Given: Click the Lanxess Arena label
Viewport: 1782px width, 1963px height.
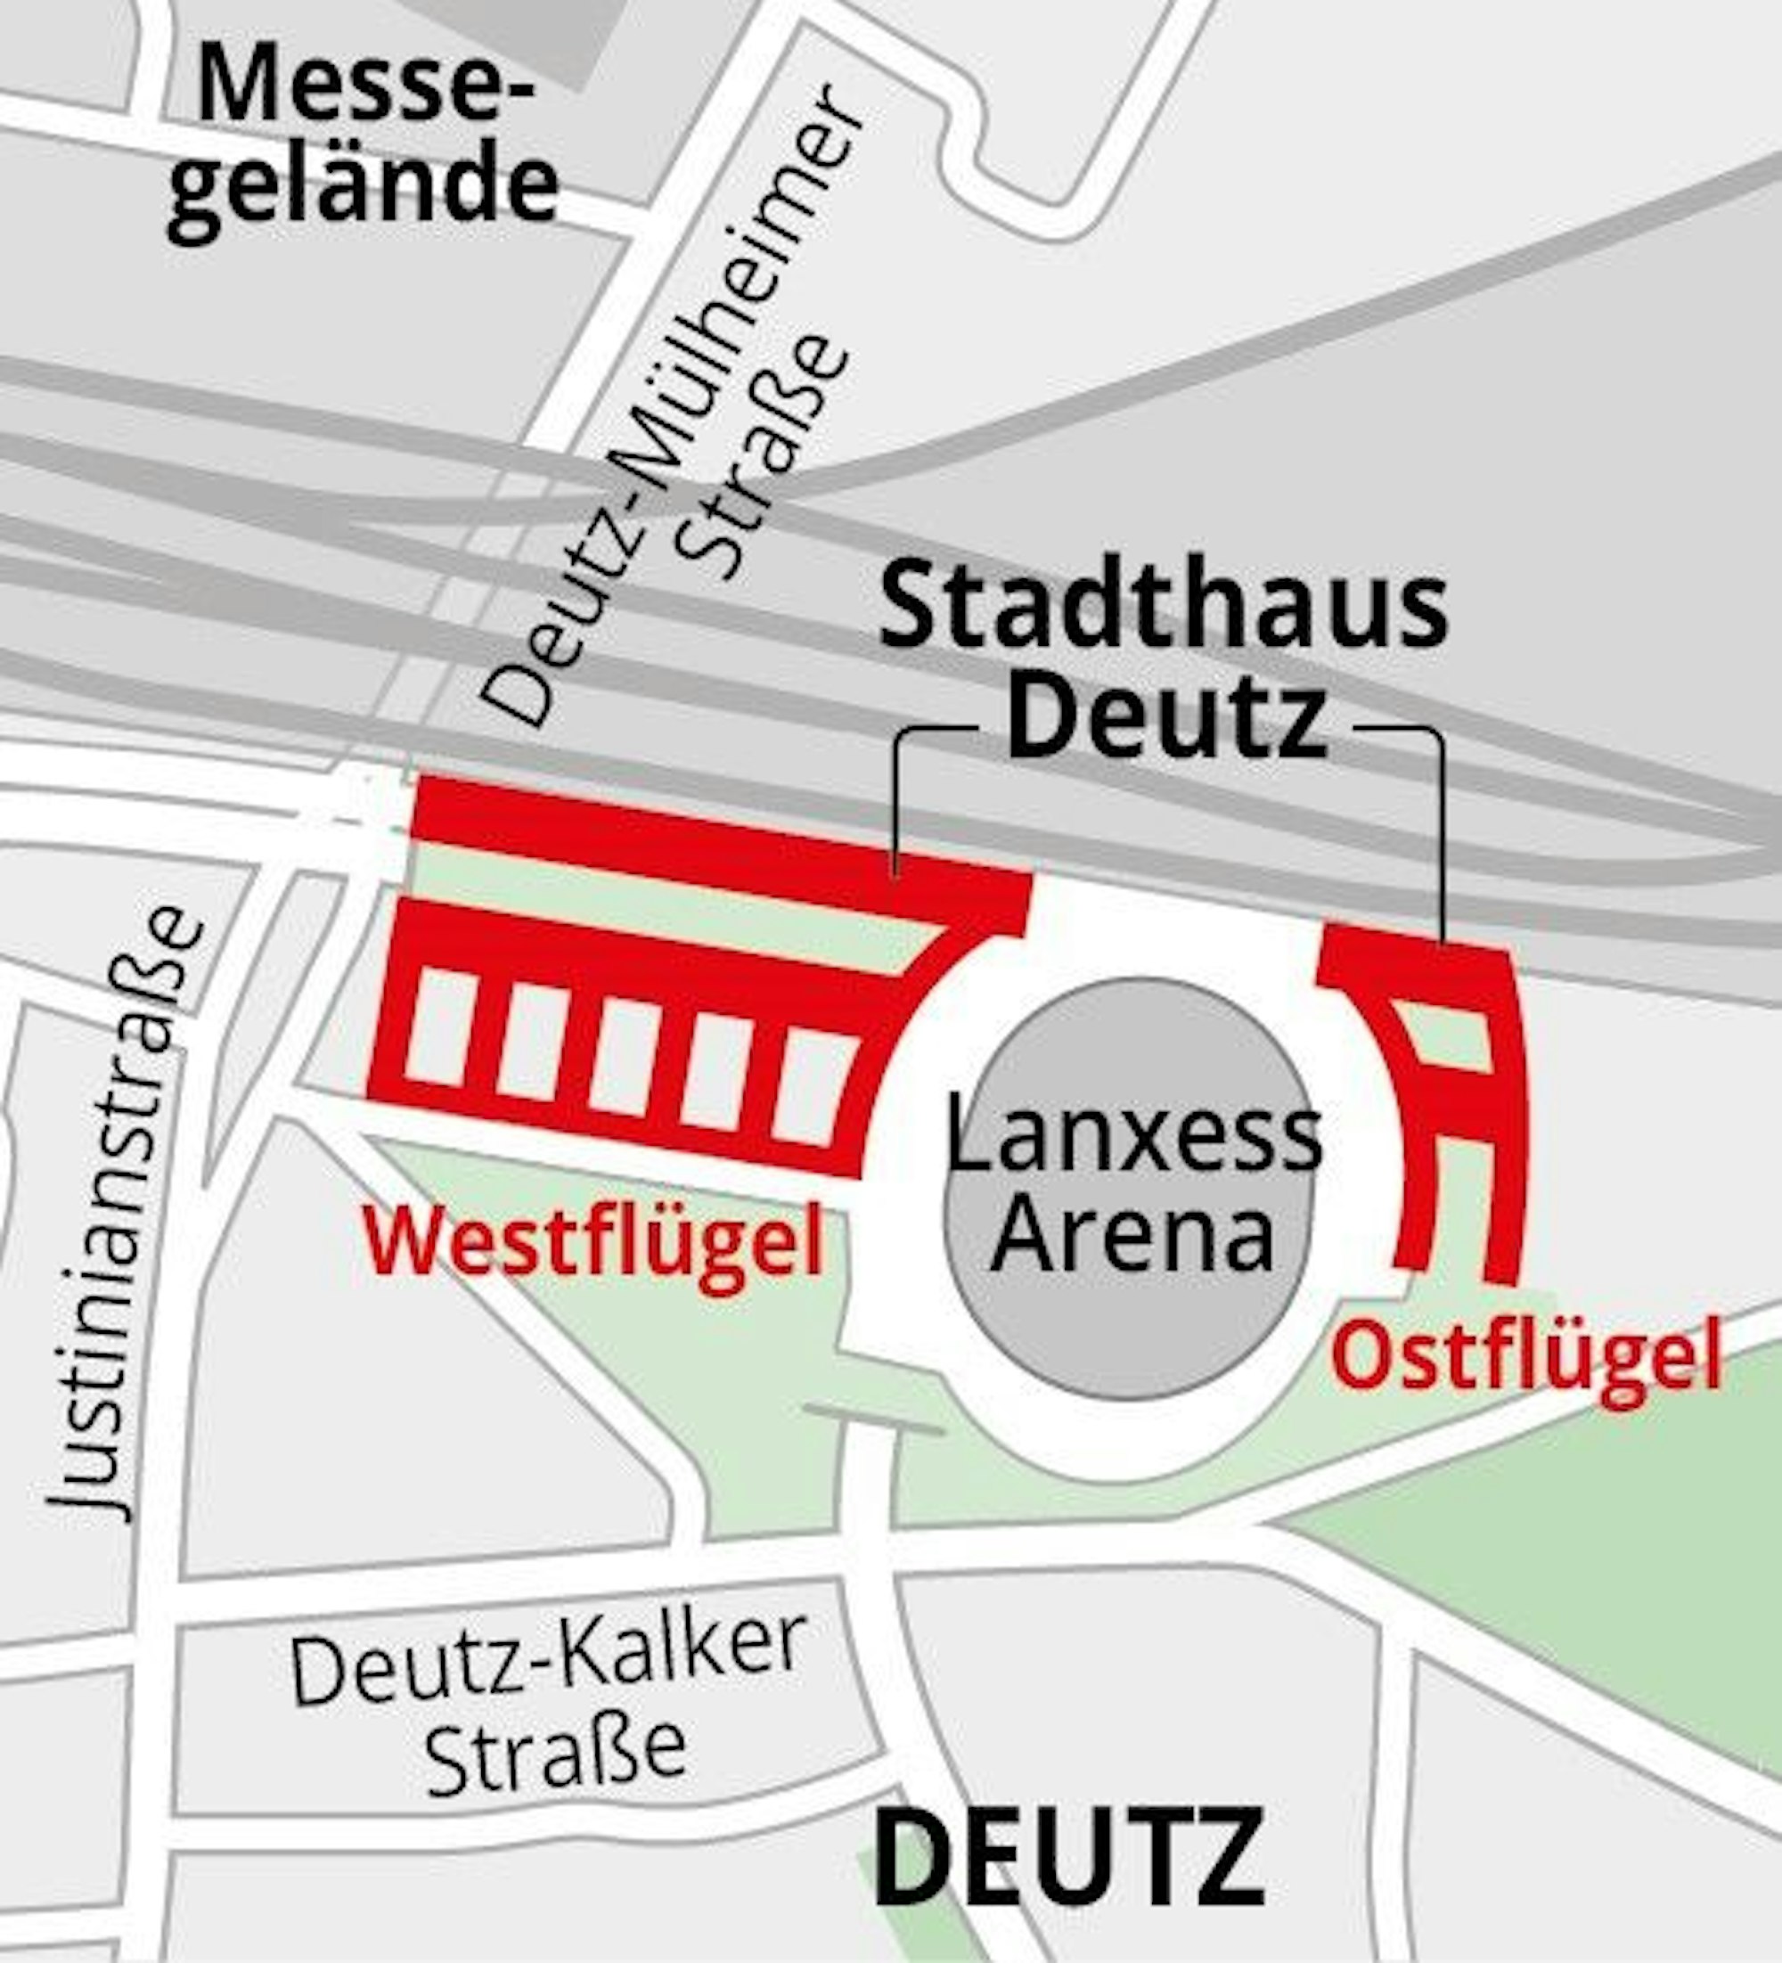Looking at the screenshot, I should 1132,1184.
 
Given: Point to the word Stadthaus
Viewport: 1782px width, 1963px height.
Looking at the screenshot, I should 1164,610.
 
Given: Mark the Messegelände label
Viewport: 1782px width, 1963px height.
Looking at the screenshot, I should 363,138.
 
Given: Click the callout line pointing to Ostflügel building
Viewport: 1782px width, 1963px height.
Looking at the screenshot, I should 1441,828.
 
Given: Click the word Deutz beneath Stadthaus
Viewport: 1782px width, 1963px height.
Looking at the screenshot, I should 1165,722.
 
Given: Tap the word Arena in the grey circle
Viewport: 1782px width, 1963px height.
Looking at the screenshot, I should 1132,1235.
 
